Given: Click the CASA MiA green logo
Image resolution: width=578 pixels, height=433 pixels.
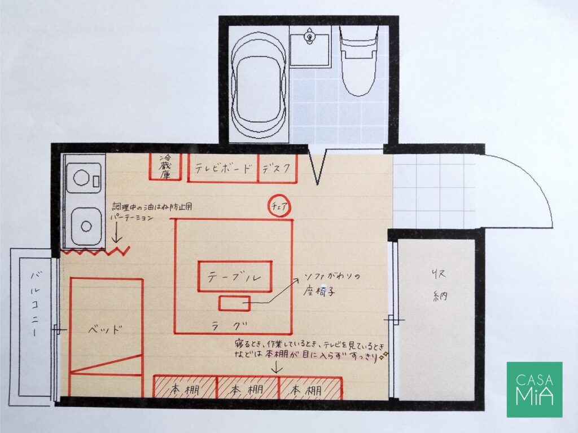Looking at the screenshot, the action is tap(535, 389).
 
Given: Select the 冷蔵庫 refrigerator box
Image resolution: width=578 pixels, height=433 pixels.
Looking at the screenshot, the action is tap(165, 166).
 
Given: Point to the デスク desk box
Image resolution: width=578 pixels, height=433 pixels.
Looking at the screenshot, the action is tap(278, 168).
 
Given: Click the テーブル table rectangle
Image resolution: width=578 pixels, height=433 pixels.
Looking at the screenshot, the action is tap(235, 276).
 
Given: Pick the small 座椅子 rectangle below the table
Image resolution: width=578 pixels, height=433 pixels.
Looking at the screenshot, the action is tap(234, 303).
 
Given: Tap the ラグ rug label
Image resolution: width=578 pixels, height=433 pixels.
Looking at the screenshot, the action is tap(229, 325).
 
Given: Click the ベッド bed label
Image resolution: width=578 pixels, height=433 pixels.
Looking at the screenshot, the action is tap(104, 329).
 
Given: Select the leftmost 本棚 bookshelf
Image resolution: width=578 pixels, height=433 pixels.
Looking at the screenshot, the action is tap(185, 387).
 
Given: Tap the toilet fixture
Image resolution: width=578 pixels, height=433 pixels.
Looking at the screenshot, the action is tap(358, 61).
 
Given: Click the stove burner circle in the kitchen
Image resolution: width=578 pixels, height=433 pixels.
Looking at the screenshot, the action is tap(81, 178).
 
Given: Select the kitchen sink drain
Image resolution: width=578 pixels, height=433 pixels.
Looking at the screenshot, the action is tap(86, 226).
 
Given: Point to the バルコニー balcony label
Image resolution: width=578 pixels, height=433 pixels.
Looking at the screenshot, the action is tap(35, 304).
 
